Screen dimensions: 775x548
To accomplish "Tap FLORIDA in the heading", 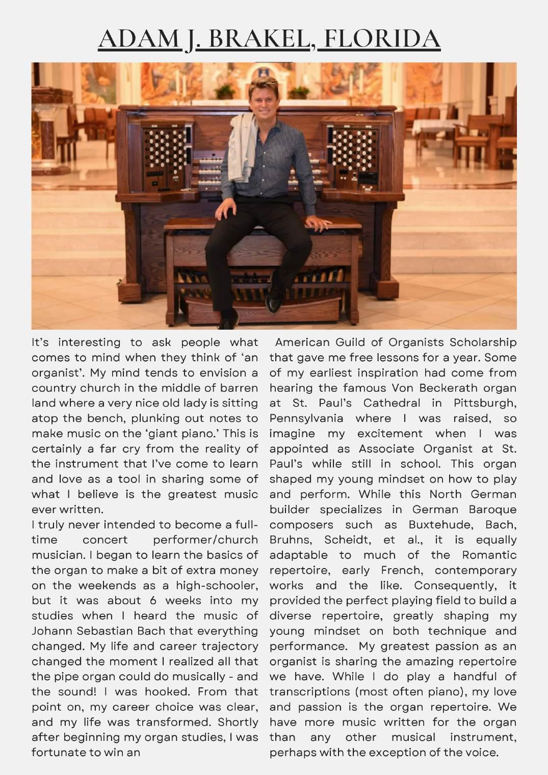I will [x=382, y=39].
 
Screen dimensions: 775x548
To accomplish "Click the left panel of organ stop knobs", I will [x=164, y=151].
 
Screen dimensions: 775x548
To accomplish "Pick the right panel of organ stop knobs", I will [x=349, y=150].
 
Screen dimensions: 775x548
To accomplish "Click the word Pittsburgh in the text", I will [x=485, y=403].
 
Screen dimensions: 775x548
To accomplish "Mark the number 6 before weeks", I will [x=153, y=601].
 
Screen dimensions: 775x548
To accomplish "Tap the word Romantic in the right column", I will [x=489, y=555].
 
